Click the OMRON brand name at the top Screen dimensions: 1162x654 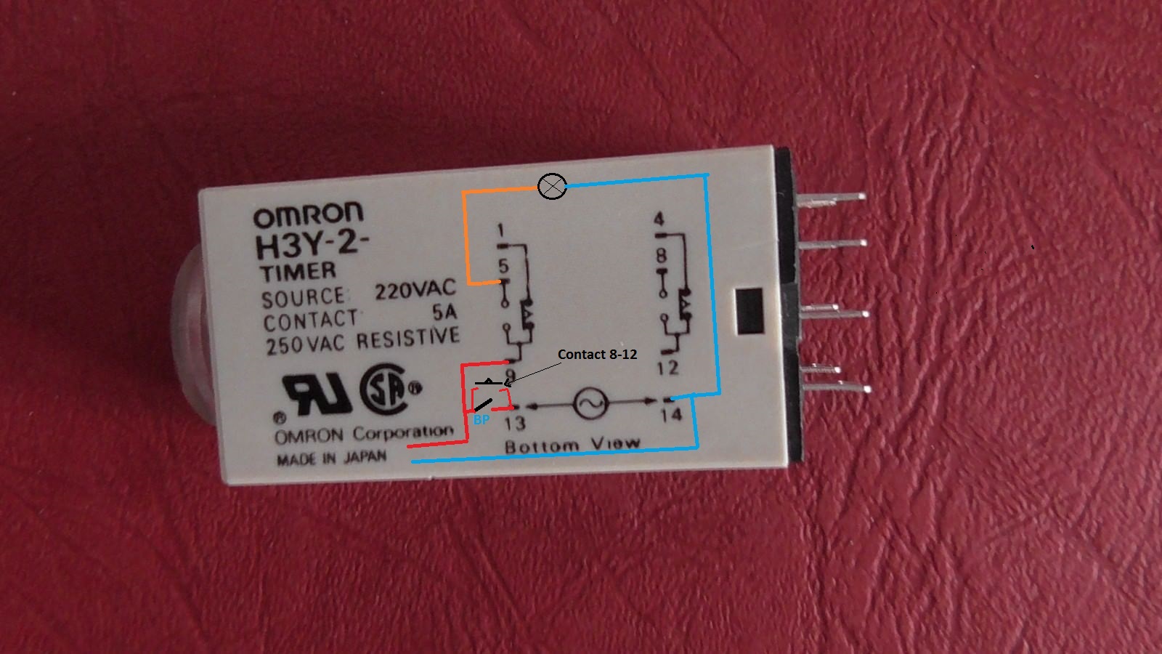click(308, 214)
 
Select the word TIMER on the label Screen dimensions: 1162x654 click(298, 272)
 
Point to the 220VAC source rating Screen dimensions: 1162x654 click(415, 290)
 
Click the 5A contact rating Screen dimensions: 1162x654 click(444, 312)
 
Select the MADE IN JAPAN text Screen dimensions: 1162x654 click(331, 459)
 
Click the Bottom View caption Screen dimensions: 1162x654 click(572, 444)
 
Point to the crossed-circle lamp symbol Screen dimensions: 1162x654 click(553, 187)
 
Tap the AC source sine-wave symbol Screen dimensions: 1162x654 click(590, 403)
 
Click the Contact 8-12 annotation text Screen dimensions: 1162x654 click(597, 355)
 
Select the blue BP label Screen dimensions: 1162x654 click(481, 420)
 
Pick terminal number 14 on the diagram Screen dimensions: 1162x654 click(670, 414)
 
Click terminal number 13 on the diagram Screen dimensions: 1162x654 click(514, 422)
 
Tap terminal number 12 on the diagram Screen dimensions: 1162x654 click(667, 368)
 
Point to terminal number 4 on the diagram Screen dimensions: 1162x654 click(659, 219)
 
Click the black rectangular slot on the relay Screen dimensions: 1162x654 click(749, 311)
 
